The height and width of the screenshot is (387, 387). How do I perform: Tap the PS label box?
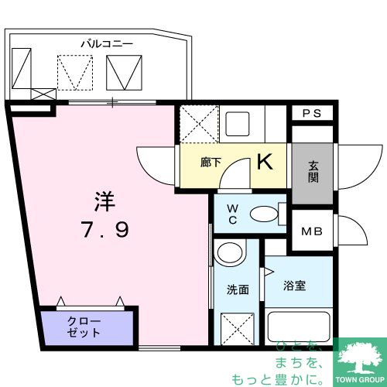point(311,113)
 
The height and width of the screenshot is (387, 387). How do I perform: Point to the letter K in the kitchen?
point(265,163)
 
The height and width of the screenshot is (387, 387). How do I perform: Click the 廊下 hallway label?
point(211,163)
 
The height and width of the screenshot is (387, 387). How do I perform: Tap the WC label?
point(231,213)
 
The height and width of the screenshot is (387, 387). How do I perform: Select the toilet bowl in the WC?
point(265,214)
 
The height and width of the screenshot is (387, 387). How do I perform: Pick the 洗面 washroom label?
point(238,289)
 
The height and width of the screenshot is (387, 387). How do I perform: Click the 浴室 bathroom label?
point(294,285)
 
